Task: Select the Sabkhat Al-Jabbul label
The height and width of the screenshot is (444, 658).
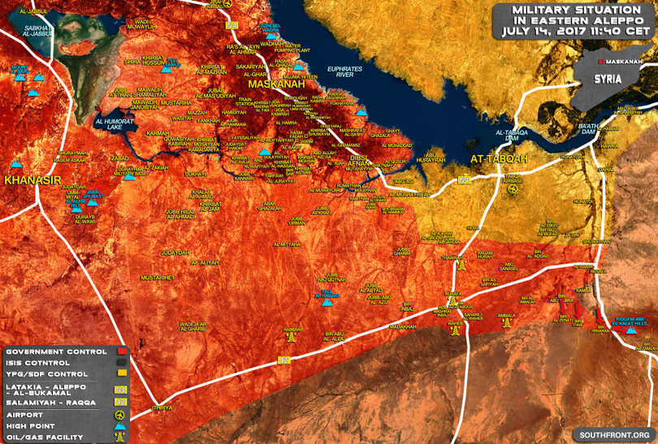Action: coord(38,32)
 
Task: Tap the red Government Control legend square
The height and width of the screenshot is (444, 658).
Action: coord(120,351)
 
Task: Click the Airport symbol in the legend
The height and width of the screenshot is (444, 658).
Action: coord(120,413)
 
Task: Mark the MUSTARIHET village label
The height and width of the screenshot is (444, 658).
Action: coord(157,278)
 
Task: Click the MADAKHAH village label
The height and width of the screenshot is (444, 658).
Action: coord(403,326)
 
